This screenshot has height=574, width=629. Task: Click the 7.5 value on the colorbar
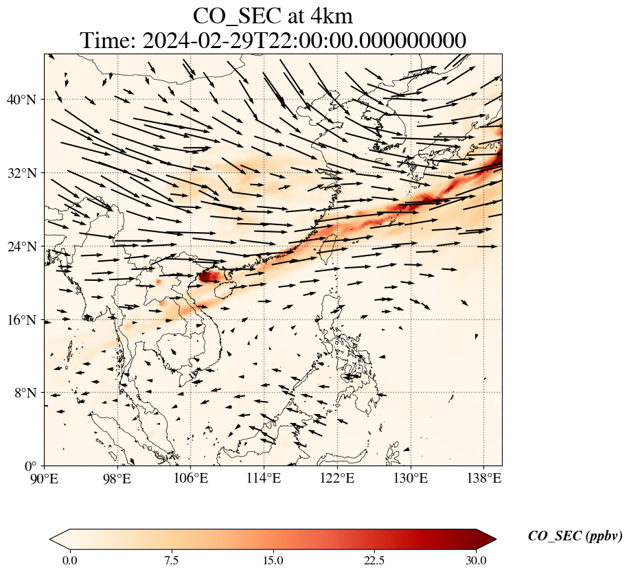click(x=171, y=560)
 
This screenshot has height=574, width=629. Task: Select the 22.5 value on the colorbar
click(x=374, y=560)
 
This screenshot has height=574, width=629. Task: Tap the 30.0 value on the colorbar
click(x=476, y=560)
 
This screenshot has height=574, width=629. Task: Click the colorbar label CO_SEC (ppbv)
click(x=575, y=537)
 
